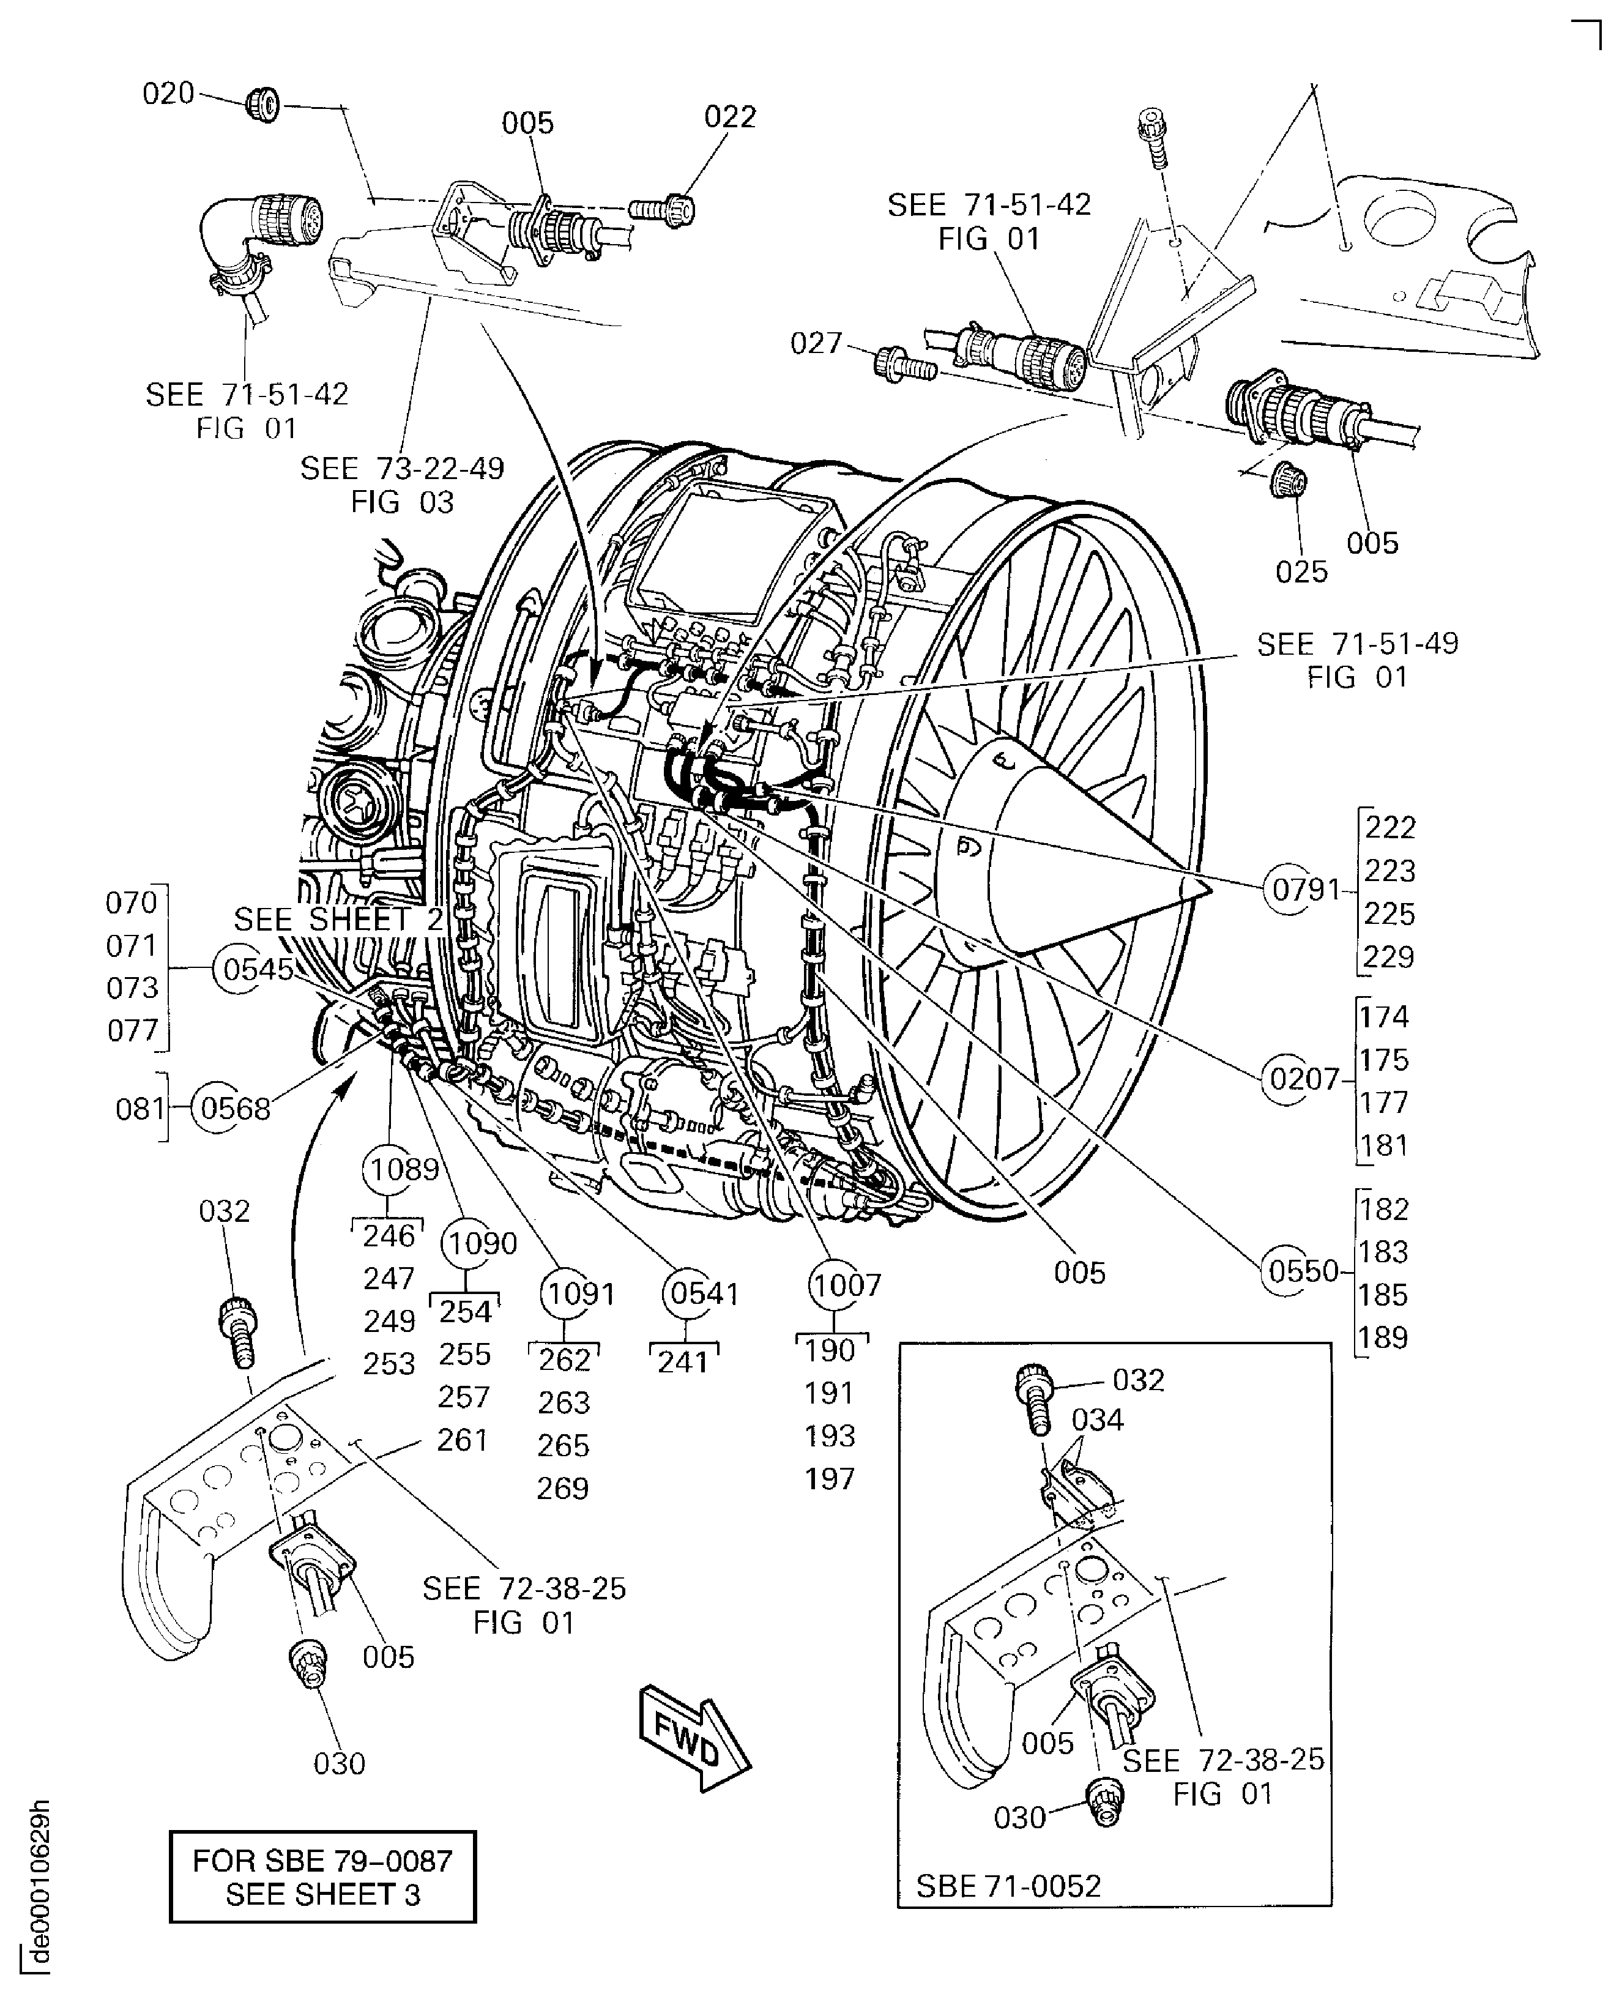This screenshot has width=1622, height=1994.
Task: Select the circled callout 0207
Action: [1304, 1079]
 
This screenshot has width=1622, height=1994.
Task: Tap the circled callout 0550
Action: [1303, 1271]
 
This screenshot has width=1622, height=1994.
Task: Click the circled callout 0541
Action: [704, 1293]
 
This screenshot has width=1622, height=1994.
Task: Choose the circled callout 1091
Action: [580, 1293]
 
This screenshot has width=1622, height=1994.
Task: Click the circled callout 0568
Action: [234, 1108]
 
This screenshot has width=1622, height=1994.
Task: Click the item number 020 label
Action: [168, 94]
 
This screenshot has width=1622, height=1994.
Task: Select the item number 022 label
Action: [730, 117]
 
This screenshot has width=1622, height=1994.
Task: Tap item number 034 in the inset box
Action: [1097, 1419]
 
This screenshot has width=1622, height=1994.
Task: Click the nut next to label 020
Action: [264, 104]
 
